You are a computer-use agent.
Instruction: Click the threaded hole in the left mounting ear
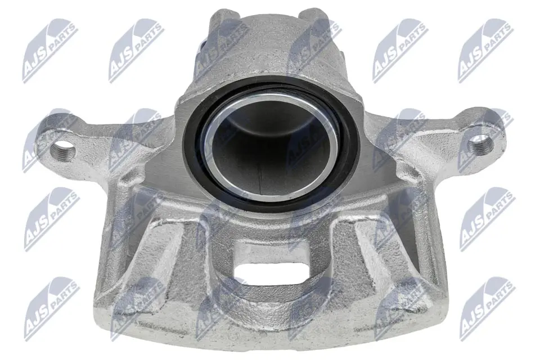pos(62,149)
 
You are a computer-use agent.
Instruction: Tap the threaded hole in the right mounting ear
pos(480,144)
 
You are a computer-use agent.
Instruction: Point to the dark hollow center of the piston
pos(269,151)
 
